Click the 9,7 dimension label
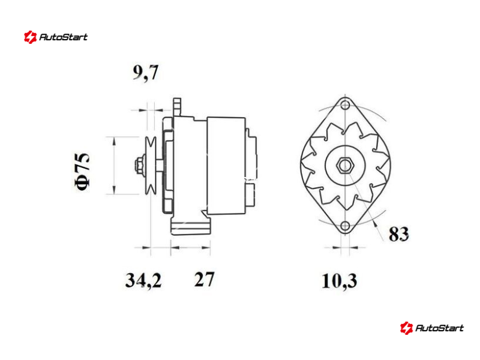click(145, 73)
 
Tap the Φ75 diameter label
click(82, 172)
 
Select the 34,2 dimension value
click(143, 280)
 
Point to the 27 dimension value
click(204, 279)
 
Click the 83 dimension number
click(398, 234)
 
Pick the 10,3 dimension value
click(340, 281)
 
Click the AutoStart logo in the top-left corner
click(56, 37)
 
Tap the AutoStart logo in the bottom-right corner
click(432, 328)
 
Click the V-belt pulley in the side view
click(151, 166)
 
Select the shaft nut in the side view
click(139, 166)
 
